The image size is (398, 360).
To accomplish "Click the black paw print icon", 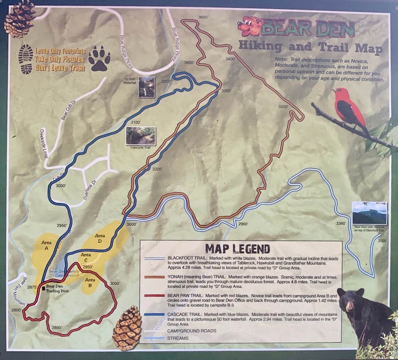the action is click(99, 59).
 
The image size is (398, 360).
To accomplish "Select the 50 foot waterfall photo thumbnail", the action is click(146, 87).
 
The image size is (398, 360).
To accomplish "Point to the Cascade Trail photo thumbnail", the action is click(140, 136).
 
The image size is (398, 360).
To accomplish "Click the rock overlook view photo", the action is click(369, 213).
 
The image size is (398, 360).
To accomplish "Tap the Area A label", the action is click(47, 245).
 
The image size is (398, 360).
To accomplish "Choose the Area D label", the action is click(100, 238).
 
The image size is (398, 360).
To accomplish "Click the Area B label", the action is click(90, 283).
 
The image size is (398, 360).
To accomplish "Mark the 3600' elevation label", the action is click(203, 17).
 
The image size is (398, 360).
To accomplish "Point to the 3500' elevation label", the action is click(382, 241).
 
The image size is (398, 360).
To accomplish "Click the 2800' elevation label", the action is click(16, 310).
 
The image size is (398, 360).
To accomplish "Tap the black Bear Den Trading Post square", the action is click(44, 289).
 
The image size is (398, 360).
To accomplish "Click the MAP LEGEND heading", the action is click(238, 249).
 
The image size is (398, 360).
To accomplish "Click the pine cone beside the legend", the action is click(127, 328).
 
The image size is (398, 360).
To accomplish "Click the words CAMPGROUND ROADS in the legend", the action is click(192, 331).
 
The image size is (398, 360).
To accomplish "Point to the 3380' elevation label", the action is click(341, 224).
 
